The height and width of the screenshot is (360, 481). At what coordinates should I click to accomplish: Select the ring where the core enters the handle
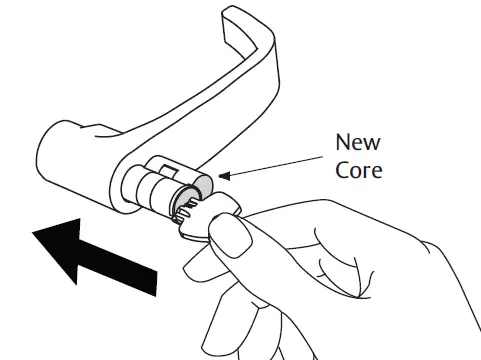click(x=141, y=186)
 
